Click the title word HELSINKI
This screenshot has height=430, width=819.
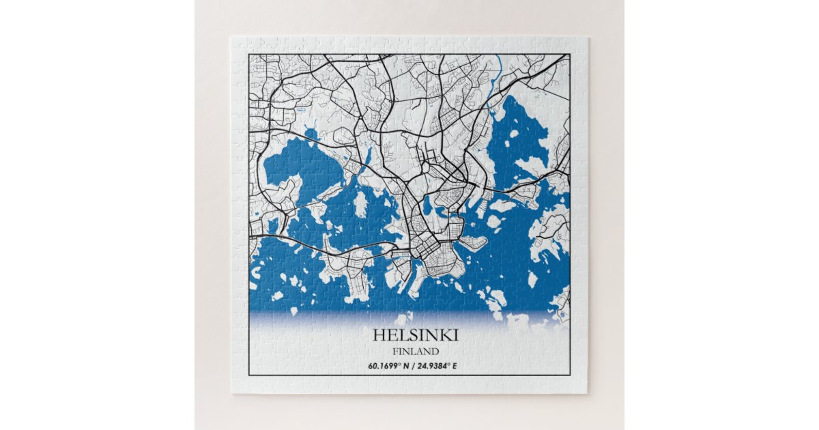tap(416, 335)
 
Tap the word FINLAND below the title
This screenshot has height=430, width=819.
tap(416, 352)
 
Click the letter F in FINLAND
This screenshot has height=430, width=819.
tap(395, 352)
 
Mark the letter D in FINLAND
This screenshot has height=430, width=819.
tap(435, 352)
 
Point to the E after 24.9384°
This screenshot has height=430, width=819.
tap(455, 366)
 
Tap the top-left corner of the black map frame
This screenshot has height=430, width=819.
tap(249, 55)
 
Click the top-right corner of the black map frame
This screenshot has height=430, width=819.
tap(569, 55)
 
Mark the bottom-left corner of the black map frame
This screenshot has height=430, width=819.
tap(249, 375)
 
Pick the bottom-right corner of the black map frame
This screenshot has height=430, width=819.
tap(569, 375)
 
